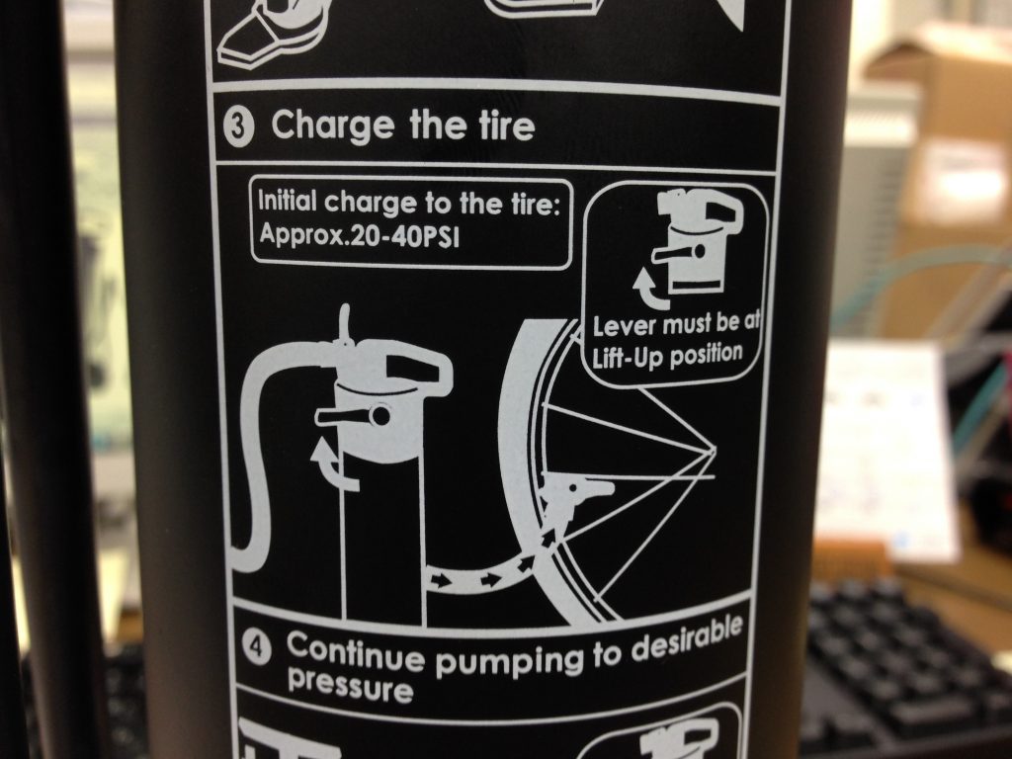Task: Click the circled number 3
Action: (x=239, y=126)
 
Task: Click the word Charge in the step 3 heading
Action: (x=332, y=126)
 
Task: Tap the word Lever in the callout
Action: (x=625, y=326)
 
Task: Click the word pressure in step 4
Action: (x=350, y=687)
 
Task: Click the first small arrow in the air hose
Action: (x=441, y=580)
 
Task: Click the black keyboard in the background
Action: (x=903, y=671)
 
